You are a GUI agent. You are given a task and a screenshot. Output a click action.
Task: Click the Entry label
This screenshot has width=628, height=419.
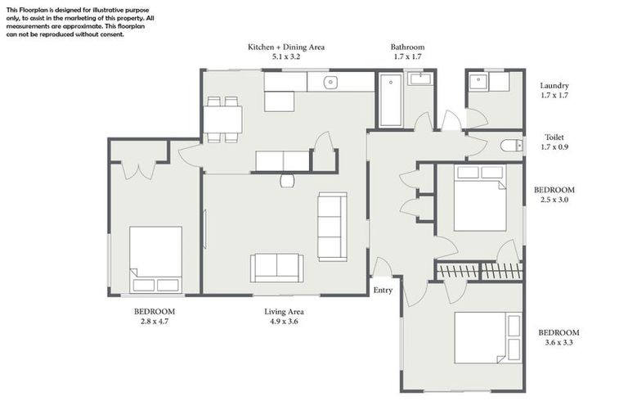coord(383,291)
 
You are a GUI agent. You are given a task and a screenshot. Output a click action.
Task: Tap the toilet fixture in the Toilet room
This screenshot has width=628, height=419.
coord(510,146)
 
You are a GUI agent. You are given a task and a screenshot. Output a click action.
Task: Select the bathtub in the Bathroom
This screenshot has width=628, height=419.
coord(391,100)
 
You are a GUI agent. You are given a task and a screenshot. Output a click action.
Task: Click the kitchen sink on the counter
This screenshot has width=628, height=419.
coord(330,82)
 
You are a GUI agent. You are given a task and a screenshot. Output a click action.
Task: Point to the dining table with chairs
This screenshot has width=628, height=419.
coord(222,119)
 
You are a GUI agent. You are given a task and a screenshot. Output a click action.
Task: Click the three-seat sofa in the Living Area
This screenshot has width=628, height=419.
coord(331,226)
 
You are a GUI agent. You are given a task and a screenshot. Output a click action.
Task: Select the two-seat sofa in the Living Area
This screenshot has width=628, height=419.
coord(276,267)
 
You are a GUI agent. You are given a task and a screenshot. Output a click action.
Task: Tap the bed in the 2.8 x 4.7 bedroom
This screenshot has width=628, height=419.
coord(155,259)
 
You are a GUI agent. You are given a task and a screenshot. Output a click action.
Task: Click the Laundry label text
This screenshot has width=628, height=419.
coord(554,86)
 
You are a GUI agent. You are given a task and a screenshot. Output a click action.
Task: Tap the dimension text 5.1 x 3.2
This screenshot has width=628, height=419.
coord(286,58)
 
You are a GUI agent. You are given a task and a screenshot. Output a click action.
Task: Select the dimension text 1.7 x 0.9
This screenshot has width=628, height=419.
coord(554,148)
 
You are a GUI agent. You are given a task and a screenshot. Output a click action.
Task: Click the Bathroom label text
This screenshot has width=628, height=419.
coord(407,47)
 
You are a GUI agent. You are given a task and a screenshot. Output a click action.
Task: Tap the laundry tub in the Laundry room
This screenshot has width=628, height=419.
coord(478,81)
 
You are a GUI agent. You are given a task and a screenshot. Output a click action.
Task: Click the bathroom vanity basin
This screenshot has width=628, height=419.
coord(421,79)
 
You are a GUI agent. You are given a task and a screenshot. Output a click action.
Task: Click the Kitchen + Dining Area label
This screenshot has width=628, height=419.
coord(286,47)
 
